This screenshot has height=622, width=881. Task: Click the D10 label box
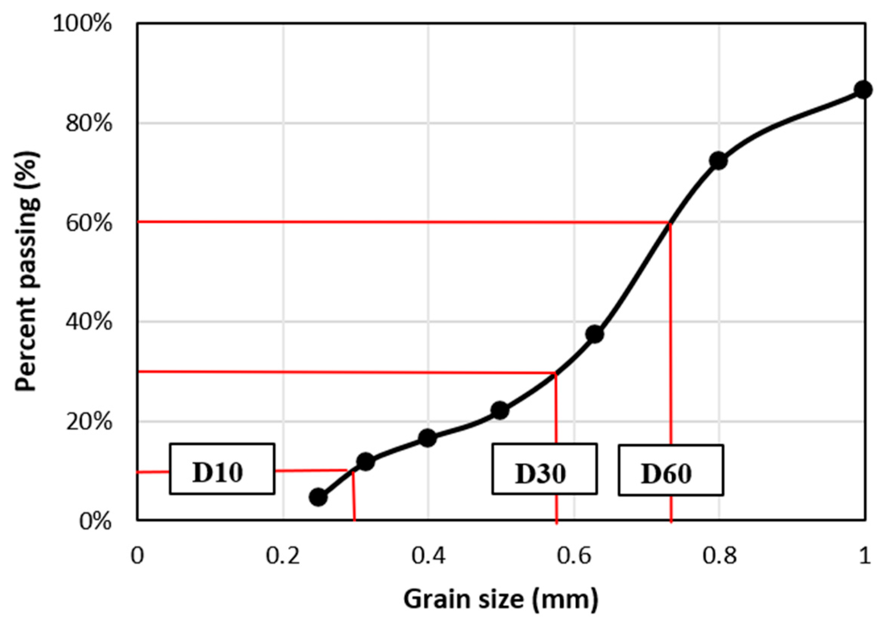pyautogui.click(x=222, y=469)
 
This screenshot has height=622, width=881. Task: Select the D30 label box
pyautogui.click(x=545, y=469)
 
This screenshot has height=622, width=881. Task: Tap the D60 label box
pyautogui.click(x=671, y=470)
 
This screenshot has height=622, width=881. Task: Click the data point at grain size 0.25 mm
pyautogui.click(x=319, y=497)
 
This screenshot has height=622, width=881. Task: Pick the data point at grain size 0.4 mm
pyautogui.click(x=428, y=438)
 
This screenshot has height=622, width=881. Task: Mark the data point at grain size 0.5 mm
pyautogui.click(x=500, y=410)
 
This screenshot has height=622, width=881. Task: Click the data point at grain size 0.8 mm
pyautogui.click(x=719, y=161)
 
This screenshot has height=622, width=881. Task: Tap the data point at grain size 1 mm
pyautogui.click(x=863, y=90)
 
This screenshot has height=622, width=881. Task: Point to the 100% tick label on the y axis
pyautogui.click(x=82, y=24)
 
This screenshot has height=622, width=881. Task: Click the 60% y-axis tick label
pyautogui.click(x=89, y=223)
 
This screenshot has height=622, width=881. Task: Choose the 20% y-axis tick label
pyautogui.click(x=89, y=422)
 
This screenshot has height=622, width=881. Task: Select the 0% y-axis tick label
pyautogui.click(x=95, y=521)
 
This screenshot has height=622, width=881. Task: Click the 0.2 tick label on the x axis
pyautogui.click(x=283, y=557)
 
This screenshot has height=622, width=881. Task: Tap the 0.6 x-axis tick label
pyautogui.click(x=574, y=557)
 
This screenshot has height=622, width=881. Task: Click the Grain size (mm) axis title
pyautogui.click(x=501, y=599)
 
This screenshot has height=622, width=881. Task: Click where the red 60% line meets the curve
pyautogui.click(x=670, y=222)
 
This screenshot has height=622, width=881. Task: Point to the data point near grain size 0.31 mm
pyautogui.click(x=365, y=461)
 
